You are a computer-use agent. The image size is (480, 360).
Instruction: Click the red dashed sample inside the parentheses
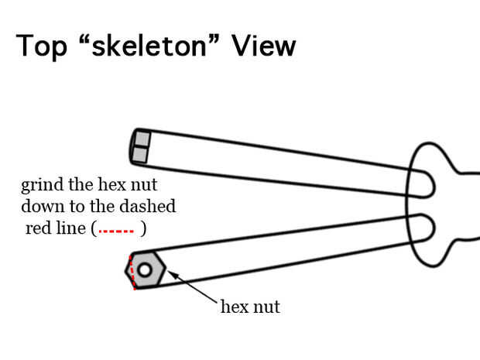coord(117,230)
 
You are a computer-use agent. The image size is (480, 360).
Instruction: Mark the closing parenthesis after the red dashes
coord(143,229)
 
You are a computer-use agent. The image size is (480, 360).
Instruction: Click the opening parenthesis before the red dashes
coord(94,229)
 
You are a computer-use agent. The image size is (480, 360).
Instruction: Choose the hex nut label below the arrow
coord(249,307)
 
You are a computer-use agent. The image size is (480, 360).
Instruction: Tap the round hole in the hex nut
coord(145,269)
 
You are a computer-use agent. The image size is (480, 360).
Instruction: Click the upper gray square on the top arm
coord(139,139)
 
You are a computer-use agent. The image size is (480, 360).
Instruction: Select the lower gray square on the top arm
coord(140,154)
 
